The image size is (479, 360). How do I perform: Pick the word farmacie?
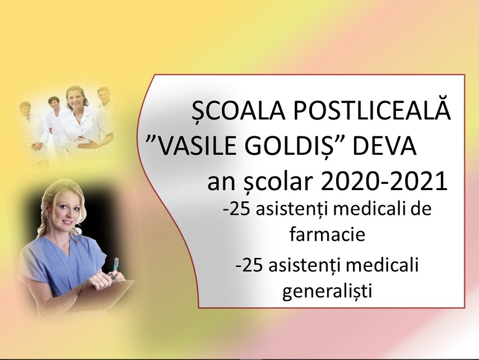328,234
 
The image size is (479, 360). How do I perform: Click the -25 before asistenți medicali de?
238,210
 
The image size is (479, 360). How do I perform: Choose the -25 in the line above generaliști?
249,265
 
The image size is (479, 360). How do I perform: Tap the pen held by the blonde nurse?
115,266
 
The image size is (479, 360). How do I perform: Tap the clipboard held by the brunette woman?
85,142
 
